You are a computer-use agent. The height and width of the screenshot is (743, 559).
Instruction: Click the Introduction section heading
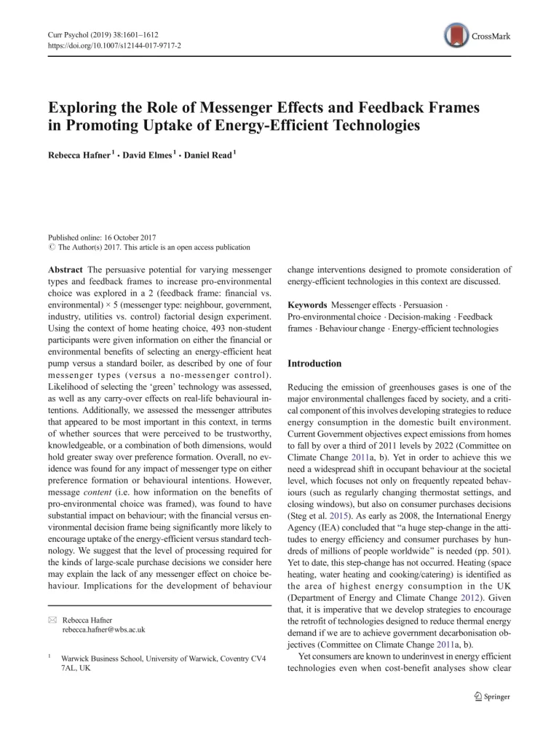(314, 363)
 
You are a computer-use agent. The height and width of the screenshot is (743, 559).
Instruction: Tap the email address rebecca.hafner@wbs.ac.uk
(104, 629)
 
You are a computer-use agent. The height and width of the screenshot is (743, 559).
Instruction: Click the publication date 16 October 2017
(128, 237)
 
